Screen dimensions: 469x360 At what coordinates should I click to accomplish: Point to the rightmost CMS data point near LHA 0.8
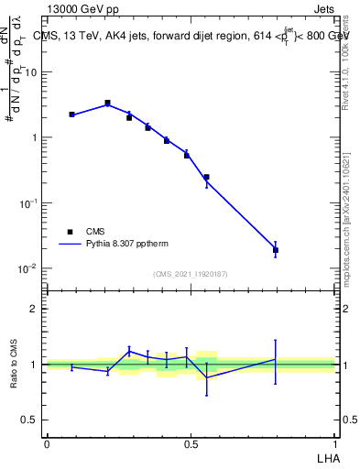(275, 249)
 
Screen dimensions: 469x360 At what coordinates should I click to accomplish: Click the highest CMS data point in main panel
(107, 104)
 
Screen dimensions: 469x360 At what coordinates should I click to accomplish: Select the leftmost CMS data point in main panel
(71, 115)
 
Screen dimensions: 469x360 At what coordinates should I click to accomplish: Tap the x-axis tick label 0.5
(191, 442)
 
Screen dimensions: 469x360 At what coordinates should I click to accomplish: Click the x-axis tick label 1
(334, 442)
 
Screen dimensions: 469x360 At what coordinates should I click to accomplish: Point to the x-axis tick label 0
(47, 442)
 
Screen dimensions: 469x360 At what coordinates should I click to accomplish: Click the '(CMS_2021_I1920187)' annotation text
(191, 274)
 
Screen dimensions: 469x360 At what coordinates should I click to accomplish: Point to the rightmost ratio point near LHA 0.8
(275, 359)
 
